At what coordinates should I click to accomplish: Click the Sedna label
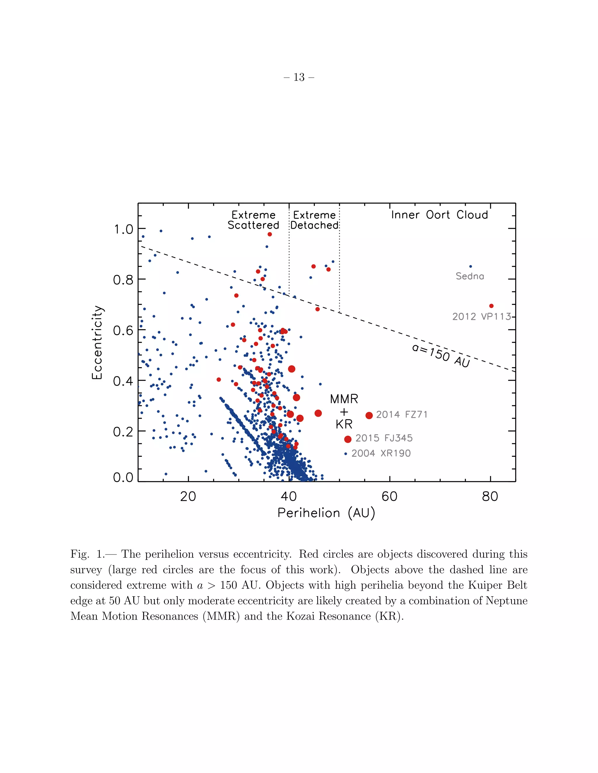point(470,276)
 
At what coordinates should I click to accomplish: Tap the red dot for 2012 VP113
point(491,306)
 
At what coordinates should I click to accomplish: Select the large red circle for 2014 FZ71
point(369,415)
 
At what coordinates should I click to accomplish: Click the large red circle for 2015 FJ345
point(347,439)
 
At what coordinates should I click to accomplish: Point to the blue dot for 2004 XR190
point(345,454)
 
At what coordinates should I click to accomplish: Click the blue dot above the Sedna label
point(470,267)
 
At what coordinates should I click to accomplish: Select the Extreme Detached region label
point(314,220)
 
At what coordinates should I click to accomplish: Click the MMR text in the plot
point(344,399)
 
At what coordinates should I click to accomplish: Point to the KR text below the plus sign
point(344,424)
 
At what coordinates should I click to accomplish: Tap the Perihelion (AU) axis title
point(326,513)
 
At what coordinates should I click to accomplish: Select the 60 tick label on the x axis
point(389,496)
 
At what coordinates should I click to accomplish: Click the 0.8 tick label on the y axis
point(123,280)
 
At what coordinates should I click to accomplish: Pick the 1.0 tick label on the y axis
point(123,229)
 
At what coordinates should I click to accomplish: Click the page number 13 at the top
point(299,77)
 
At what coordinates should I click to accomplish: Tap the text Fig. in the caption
point(80,554)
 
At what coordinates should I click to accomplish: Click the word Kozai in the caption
point(300,616)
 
